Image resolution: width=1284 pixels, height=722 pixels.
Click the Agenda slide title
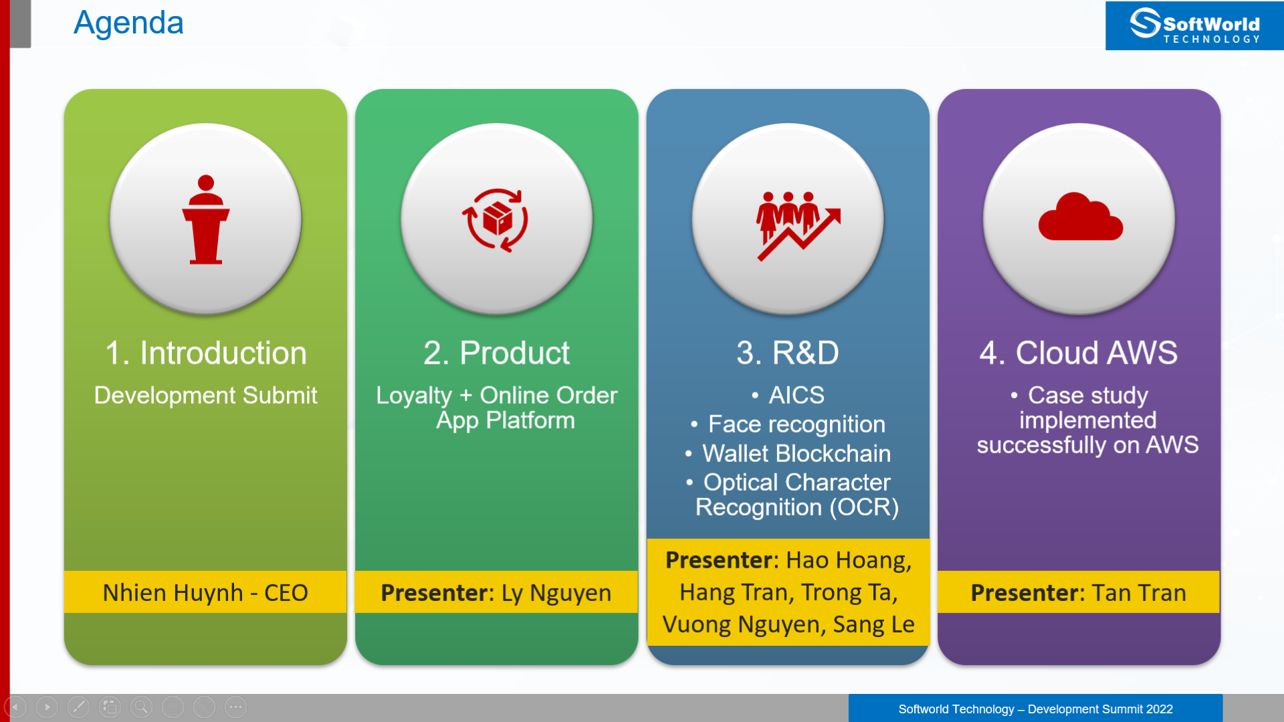click(x=128, y=23)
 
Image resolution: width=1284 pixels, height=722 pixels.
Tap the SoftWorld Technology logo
click(x=1194, y=25)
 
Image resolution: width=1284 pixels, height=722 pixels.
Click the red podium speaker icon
click(x=206, y=219)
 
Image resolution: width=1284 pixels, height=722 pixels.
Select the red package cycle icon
click(x=496, y=220)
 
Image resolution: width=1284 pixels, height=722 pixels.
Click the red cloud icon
click(x=1080, y=216)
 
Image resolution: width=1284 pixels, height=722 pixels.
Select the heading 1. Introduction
click(x=206, y=353)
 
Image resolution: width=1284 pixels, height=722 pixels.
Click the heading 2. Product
click(x=496, y=353)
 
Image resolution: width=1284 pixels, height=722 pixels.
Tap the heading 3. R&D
click(x=788, y=353)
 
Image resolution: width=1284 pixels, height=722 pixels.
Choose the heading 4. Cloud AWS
click(x=1079, y=353)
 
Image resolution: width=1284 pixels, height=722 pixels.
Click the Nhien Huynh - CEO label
click(x=205, y=593)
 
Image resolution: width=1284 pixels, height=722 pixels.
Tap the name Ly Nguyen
click(x=556, y=593)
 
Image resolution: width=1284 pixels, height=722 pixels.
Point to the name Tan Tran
click(x=1139, y=593)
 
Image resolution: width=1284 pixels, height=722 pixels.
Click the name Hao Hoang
click(x=849, y=560)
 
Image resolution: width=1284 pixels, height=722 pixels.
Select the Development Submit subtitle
click(x=206, y=395)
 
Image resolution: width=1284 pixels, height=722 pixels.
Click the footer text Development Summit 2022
click(x=1100, y=709)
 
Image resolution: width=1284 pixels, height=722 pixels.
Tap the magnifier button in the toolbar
click(x=141, y=707)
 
